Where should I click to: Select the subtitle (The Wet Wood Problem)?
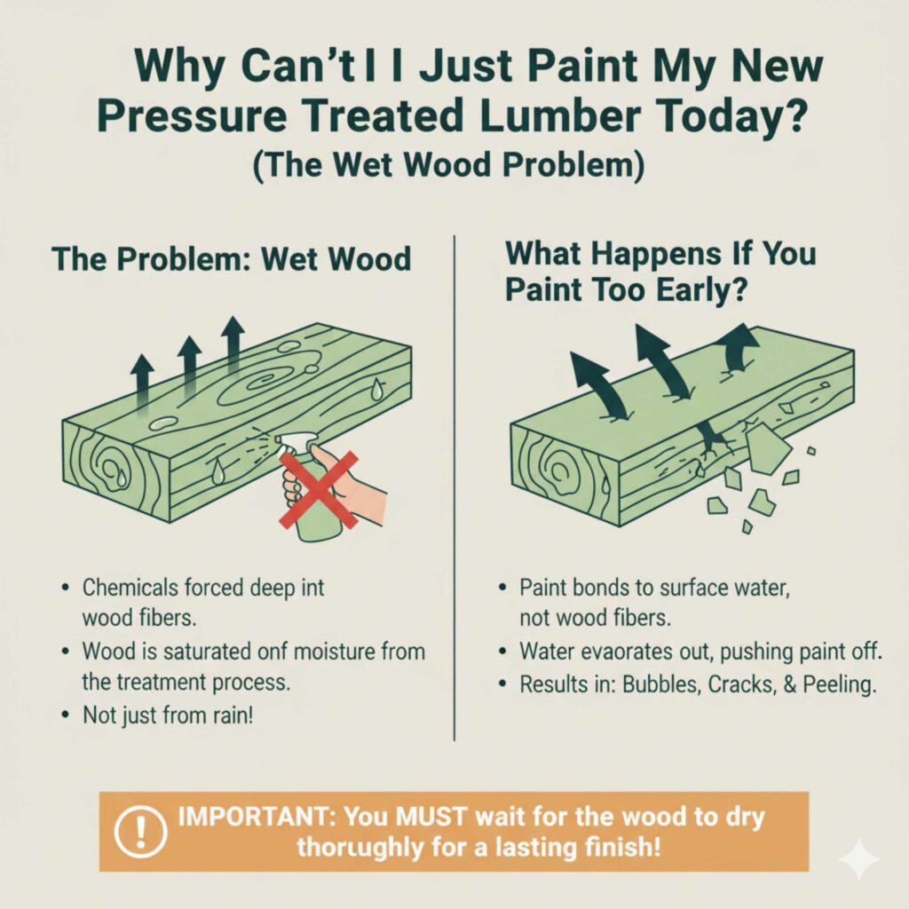[x=454, y=167]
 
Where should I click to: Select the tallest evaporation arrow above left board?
[x=233, y=341]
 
